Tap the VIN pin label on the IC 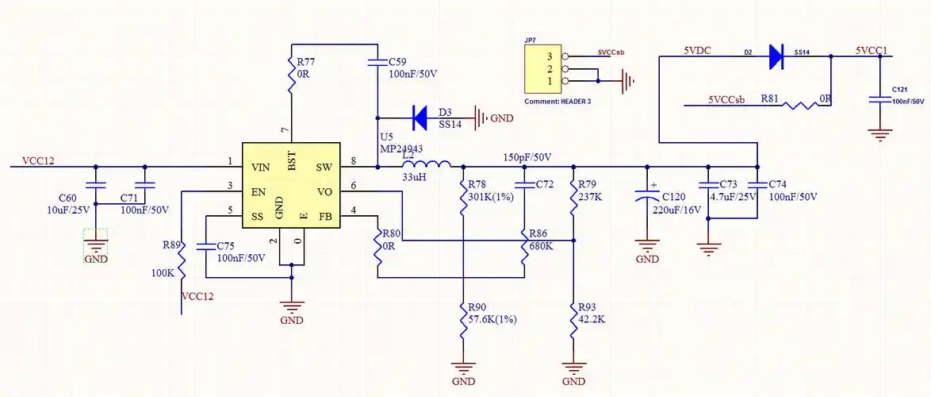click(260, 167)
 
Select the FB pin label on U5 click(324, 216)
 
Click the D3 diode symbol click(421, 118)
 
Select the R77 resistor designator click(305, 61)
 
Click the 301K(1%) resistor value click(489, 196)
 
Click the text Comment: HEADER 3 click(557, 102)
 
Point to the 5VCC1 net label click(871, 50)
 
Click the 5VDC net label click(697, 50)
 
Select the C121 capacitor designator click(899, 90)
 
